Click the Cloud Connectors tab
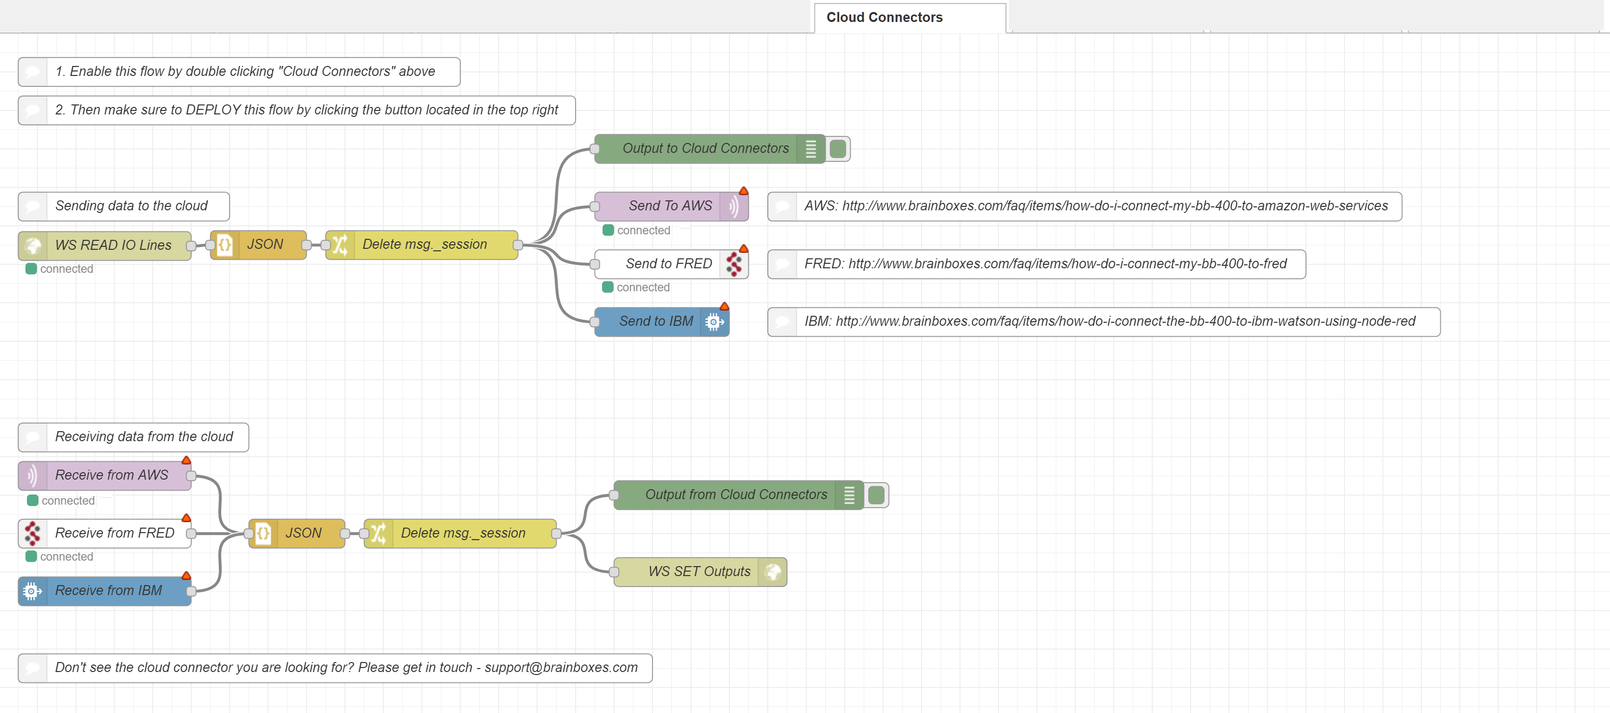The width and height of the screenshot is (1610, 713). pyautogui.click(x=884, y=17)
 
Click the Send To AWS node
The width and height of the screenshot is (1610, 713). pyautogui.click(x=670, y=206)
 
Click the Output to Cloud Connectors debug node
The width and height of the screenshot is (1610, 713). pyautogui.click(x=704, y=149)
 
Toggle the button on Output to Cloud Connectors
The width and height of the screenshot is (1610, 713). pyautogui.click(x=838, y=149)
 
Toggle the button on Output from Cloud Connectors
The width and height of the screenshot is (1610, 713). pyautogui.click(x=876, y=495)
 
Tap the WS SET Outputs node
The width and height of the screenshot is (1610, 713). pyautogui.click(x=699, y=572)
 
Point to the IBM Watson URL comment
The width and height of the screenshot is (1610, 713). pyautogui.click(x=1109, y=321)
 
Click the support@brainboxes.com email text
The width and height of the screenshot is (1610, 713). pyautogui.click(x=561, y=668)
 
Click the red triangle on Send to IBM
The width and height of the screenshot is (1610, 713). pyautogui.click(x=724, y=306)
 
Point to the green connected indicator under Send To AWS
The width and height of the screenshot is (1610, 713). pyautogui.click(x=608, y=230)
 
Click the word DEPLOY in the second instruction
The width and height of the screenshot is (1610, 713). pyautogui.click(x=213, y=110)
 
